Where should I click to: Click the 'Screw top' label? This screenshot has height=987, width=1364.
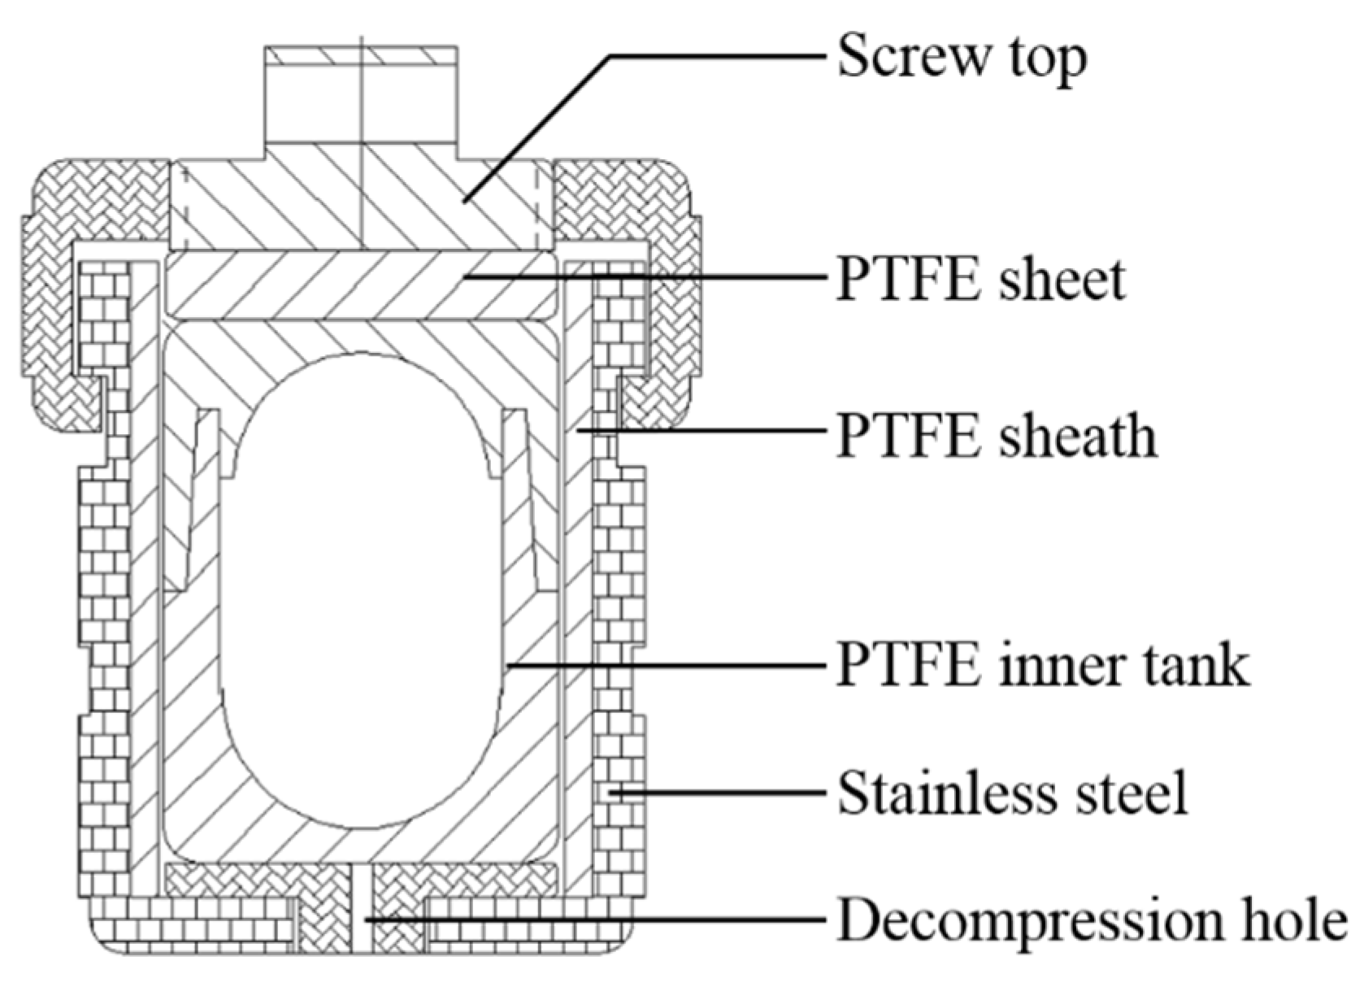click(x=962, y=57)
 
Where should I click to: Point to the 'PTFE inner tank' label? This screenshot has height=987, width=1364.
click(x=1042, y=665)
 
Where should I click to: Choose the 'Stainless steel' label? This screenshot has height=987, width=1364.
click(x=1013, y=792)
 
